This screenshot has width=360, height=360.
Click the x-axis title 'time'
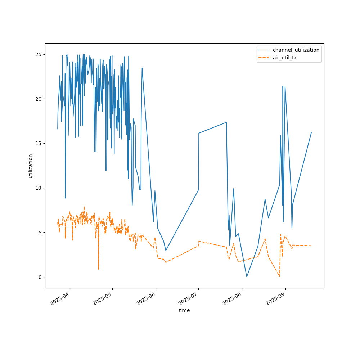184,310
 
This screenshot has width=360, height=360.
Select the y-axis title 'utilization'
31,166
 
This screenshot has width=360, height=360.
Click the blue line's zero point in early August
247,276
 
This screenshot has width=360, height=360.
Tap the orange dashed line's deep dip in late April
98,269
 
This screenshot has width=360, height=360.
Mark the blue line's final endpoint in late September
311,132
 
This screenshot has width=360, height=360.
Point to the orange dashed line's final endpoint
311,246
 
